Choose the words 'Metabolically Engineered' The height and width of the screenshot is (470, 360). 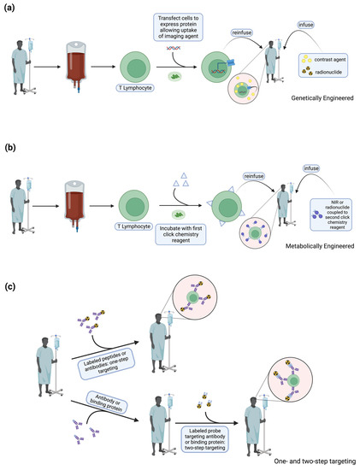point(314,266)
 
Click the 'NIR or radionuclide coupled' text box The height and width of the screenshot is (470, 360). point(323,232)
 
